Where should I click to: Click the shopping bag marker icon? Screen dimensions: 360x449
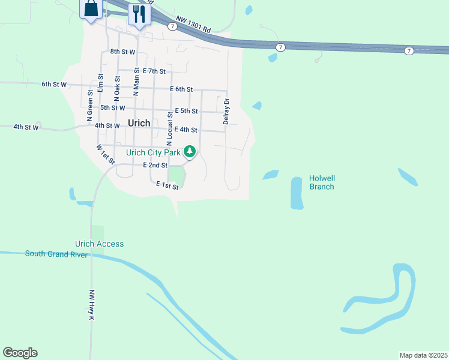(x=91, y=9)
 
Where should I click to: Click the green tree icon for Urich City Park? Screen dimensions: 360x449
(x=190, y=151)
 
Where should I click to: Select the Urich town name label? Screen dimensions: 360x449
(x=139, y=122)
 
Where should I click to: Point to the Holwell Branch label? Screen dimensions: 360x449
(x=321, y=182)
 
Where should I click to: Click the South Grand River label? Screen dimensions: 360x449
(x=56, y=254)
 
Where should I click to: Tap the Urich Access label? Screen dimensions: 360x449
(x=99, y=244)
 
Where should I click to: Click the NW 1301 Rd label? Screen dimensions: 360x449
(x=194, y=25)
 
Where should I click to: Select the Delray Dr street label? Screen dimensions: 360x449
(x=226, y=112)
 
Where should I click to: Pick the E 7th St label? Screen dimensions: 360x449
(x=149, y=71)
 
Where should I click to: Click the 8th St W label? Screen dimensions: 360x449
(x=123, y=52)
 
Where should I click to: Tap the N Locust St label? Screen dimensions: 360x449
(x=170, y=128)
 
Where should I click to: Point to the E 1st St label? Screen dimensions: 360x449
(x=167, y=186)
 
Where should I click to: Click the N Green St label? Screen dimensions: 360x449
(x=90, y=103)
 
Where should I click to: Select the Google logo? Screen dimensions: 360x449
(x=20, y=353)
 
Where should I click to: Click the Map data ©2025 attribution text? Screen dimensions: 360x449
(x=423, y=355)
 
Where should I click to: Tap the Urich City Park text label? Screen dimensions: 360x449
(x=153, y=152)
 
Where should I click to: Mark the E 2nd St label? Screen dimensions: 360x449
(x=155, y=165)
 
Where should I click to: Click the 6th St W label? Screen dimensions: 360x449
(x=54, y=85)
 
